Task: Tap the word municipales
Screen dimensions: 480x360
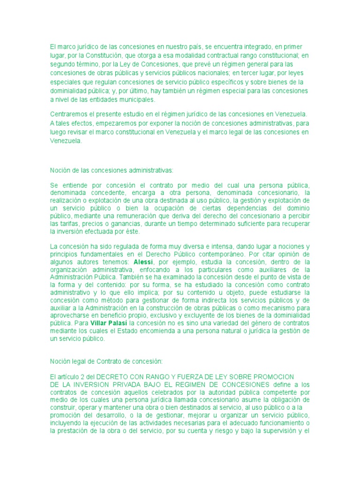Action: pos(136,99)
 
